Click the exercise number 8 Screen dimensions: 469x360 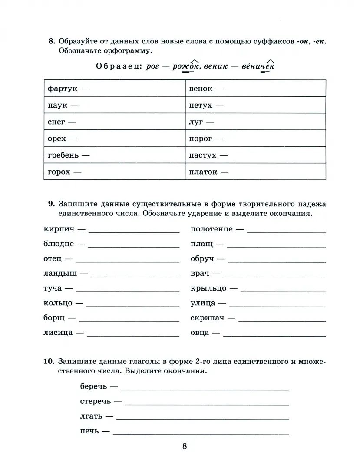point(52,42)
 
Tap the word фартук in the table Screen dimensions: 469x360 point(62,89)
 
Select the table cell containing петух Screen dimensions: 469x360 point(255,105)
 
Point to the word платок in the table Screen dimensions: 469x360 point(203,172)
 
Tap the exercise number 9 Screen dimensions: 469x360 point(52,204)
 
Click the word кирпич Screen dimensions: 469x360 point(59,229)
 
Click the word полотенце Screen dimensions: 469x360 point(211,229)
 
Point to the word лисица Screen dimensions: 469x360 point(58,333)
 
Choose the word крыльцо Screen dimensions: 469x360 point(208,288)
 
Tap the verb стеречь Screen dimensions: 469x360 point(96,401)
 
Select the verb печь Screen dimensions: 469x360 point(89,431)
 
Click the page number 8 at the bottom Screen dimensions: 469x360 point(185,446)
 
